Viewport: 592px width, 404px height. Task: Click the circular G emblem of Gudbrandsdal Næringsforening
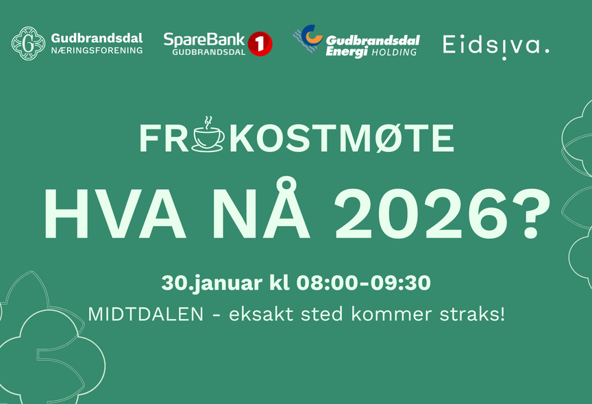tap(28, 43)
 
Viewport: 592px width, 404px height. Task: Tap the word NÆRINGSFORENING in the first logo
tap(97, 51)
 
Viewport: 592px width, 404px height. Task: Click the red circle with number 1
tap(260, 44)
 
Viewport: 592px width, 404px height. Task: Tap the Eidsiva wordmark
tap(495, 45)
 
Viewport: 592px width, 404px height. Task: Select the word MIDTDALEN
tap(145, 315)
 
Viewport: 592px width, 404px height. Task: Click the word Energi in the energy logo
tap(349, 51)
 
